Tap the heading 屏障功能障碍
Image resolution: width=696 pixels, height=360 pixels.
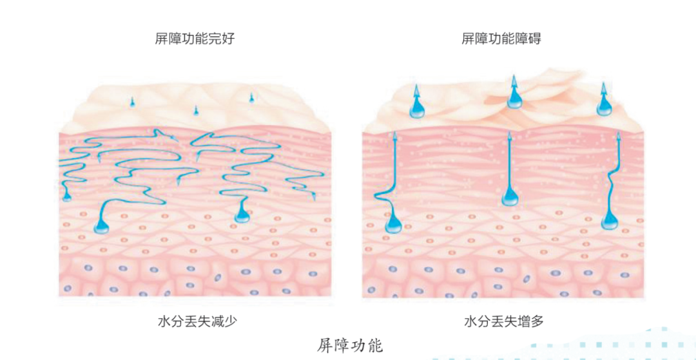click(x=501, y=39)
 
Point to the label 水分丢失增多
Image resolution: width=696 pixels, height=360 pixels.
click(x=503, y=319)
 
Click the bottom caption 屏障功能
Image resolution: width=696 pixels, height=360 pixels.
click(x=350, y=345)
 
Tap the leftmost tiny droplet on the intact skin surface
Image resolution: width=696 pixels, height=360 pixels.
click(x=133, y=102)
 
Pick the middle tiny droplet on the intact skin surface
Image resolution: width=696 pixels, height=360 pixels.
click(x=195, y=111)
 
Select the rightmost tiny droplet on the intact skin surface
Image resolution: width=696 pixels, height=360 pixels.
click(x=251, y=97)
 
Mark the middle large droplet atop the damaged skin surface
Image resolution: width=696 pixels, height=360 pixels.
click(x=514, y=99)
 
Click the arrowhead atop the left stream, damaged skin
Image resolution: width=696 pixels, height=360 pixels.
click(x=394, y=136)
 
